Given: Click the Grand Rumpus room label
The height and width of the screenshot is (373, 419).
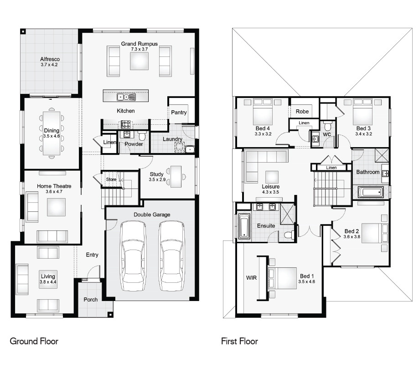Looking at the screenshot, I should pos(139,44).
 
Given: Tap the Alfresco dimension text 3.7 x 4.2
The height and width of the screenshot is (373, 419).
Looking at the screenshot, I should pos(49,65).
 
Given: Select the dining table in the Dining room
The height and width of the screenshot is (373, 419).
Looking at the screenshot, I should pos(52,133).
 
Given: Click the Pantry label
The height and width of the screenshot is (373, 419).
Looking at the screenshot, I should pos(179,112).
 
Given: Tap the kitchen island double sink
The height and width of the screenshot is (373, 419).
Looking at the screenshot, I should pos(125,97).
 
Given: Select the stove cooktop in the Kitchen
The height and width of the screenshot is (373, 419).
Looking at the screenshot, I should pos(126,124).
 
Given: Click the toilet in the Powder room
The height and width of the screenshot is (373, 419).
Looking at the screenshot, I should pos(142,136).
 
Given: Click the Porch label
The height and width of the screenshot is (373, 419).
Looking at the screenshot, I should pos(90,300).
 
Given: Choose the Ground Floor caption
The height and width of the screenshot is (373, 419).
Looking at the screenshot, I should pos(34,341).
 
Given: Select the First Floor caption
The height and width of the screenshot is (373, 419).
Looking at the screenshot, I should pos(239,341).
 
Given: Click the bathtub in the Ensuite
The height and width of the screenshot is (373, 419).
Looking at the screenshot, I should pos(244,226).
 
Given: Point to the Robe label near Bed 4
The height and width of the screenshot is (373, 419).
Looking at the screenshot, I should pos(302,112).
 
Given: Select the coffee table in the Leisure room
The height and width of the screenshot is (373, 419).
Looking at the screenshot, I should pos(272,176).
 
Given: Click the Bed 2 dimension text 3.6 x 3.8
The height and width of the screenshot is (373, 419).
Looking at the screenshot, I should pos(352,237).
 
